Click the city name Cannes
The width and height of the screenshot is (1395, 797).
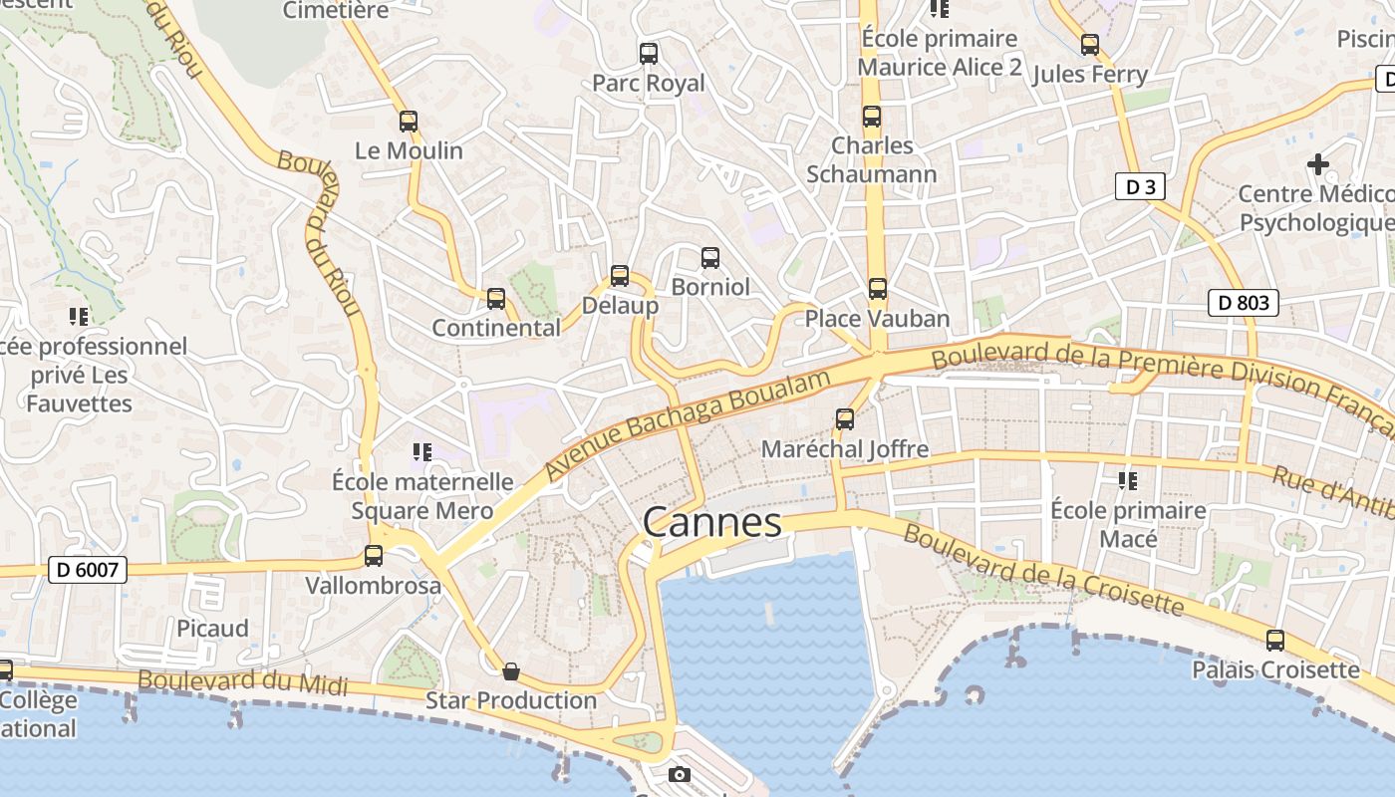[x=711, y=522]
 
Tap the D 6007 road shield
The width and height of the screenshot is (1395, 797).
[x=89, y=571]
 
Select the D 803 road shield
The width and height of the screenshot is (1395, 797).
[x=1243, y=303]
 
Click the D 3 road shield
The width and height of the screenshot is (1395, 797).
[x=1140, y=186]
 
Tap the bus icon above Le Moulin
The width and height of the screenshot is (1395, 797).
[x=409, y=122]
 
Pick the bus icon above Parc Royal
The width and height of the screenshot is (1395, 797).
[x=649, y=54]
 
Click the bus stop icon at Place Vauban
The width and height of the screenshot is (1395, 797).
[x=877, y=289]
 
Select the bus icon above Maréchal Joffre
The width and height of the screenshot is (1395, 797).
[x=845, y=419]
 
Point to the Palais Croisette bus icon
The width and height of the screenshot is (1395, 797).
[x=1275, y=641]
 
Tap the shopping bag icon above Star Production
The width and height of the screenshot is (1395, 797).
[x=511, y=671]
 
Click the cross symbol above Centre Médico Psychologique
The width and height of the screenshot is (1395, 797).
[x=1318, y=163]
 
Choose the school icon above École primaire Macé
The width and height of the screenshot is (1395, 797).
[x=1128, y=482]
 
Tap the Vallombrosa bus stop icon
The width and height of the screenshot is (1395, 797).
[x=374, y=556]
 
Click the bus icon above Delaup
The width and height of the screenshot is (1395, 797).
[x=620, y=276]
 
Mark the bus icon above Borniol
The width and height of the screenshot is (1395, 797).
[x=710, y=258]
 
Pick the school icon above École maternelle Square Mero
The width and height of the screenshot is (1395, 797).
[x=422, y=453]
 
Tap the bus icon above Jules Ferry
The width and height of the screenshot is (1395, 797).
[x=1090, y=45]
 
